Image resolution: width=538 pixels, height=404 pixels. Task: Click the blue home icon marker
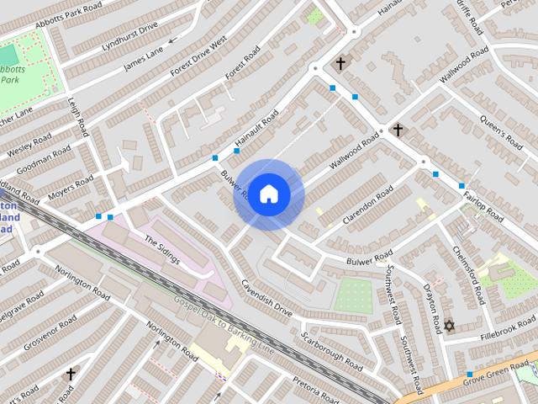click(x=268, y=194)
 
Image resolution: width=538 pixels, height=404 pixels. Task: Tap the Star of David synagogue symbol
click(x=449, y=326)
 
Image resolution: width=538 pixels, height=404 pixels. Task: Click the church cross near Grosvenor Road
click(x=71, y=373)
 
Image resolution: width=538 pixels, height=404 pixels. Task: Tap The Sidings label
click(x=162, y=250)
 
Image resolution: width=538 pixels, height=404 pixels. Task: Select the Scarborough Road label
click(x=332, y=349)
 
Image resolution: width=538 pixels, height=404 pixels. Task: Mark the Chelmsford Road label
click(x=469, y=275)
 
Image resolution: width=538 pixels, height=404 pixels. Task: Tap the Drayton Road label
click(x=432, y=308)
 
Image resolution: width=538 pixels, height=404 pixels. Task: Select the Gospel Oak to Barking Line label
click(x=224, y=324)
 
